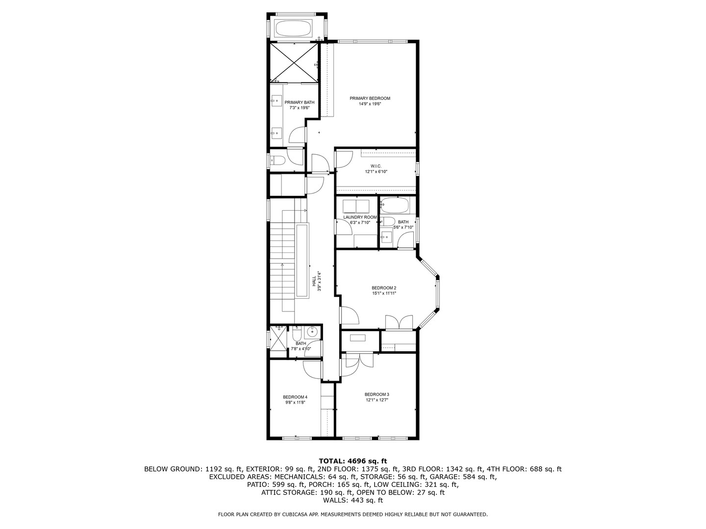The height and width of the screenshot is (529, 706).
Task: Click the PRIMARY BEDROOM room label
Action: tap(370, 98)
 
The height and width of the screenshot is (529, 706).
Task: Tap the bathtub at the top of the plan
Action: tap(293, 28)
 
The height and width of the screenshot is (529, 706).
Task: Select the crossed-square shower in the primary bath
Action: tap(293, 62)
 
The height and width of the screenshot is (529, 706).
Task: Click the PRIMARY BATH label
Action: tap(299, 102)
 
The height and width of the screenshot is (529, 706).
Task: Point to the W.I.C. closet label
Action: tap(376, 166)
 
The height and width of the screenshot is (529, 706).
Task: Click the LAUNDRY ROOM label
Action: tap(360, 217)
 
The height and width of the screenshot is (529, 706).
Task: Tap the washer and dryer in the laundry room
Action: tap(356, 205)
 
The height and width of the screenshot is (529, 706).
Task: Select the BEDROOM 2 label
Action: tap(383, 288)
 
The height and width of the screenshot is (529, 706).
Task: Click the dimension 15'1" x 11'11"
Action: tap(383, 293)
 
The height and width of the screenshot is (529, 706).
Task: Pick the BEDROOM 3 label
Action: tap(377, 394)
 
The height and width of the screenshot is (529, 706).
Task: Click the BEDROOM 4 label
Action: tap(295, 397)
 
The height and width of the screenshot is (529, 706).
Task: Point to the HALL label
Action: tap(314, 281)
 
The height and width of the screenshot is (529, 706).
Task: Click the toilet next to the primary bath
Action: tap(278, 160)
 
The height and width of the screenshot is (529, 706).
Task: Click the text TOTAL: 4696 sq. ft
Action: tap(353, 461)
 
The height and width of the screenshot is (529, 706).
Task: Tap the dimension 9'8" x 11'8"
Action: tap(295, 403)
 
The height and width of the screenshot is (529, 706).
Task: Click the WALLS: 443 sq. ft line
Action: tap(353, 500)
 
